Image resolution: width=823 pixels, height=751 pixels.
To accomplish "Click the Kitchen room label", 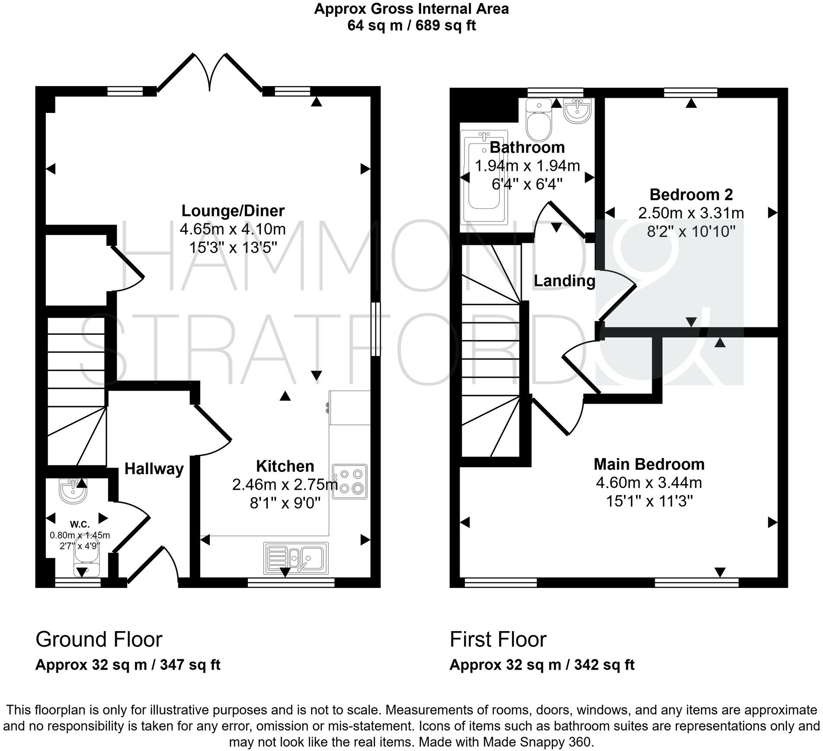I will (285, 466).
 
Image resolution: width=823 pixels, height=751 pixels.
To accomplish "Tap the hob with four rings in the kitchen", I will (349, 482).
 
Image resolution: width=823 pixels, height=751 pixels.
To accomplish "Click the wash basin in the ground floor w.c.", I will (73, 491).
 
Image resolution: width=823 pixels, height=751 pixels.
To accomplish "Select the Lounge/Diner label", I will (233, 211).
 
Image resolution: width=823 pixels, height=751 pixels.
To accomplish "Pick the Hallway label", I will (154, 469).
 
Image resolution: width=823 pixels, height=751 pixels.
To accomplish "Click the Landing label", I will (564, 281).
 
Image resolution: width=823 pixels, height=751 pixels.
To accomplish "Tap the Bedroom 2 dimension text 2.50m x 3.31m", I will (691, 213).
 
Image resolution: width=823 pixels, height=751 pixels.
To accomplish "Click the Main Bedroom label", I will (649, 464).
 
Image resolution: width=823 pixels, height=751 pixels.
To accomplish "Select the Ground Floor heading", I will (99, 639).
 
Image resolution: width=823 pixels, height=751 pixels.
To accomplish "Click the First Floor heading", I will (498, 639).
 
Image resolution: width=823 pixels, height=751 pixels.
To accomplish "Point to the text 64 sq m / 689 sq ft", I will (411, 26).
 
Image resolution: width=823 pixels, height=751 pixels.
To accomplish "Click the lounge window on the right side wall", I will (375, 329).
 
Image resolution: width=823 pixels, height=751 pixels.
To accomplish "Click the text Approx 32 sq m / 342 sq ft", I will (542, 665).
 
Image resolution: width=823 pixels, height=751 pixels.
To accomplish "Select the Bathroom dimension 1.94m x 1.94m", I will (527, 166).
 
